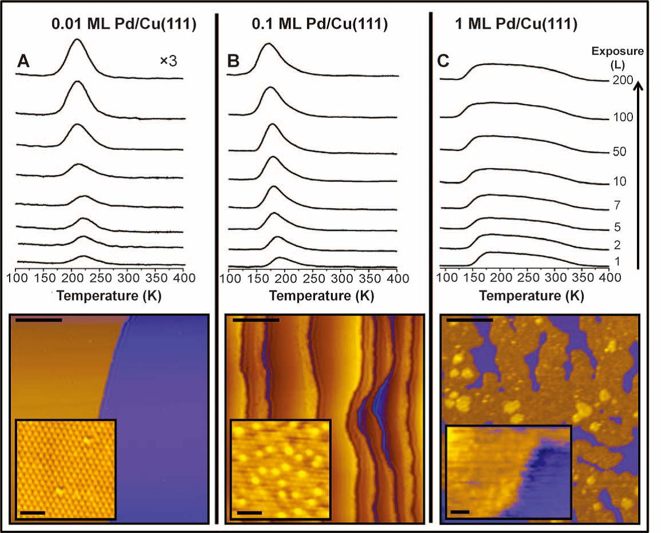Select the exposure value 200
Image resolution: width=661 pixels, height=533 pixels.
pos(621,80)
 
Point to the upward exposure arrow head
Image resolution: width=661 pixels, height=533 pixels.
pos(640,84)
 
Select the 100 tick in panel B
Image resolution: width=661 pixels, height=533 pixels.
pos(230,278)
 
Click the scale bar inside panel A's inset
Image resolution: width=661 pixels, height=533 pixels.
pos(32,512)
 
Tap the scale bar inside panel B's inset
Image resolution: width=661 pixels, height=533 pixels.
pos(249,512)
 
